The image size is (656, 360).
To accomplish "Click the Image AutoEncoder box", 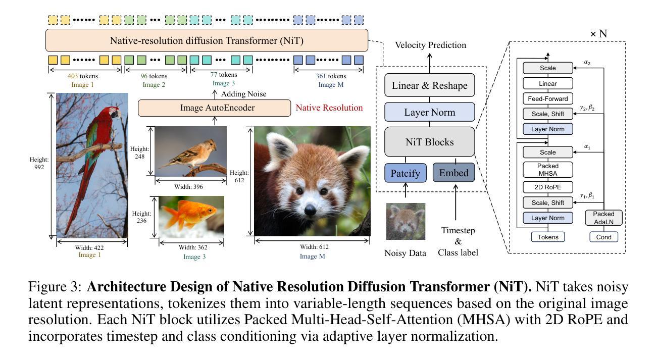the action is point(214,108).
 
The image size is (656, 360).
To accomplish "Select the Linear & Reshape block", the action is point(430,85).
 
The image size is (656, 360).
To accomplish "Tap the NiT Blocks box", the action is point(430,142).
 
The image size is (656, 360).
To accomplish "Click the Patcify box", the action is point(406,173).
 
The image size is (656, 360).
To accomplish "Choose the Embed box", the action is point(453,173).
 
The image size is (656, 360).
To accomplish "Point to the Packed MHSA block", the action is point(547,170).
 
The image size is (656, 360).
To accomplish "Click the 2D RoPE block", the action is point(547,187).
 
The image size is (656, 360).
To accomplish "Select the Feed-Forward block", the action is point(547,99).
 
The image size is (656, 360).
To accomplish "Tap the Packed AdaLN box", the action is point(603,218).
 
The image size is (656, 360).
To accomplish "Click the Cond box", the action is point(603,237).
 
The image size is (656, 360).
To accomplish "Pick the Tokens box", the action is point(547,237).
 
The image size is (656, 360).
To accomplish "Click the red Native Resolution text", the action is point(329,108).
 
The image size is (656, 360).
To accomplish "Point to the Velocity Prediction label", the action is point(430,45).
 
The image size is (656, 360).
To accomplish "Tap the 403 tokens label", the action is point(83,76).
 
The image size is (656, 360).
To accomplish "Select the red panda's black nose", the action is point(310,210).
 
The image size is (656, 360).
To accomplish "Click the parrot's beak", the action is point(119,114).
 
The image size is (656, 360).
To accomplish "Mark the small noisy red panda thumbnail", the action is point(406,222).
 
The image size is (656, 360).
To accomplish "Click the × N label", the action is point(598,34).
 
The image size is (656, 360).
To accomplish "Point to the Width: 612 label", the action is point(314,247).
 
